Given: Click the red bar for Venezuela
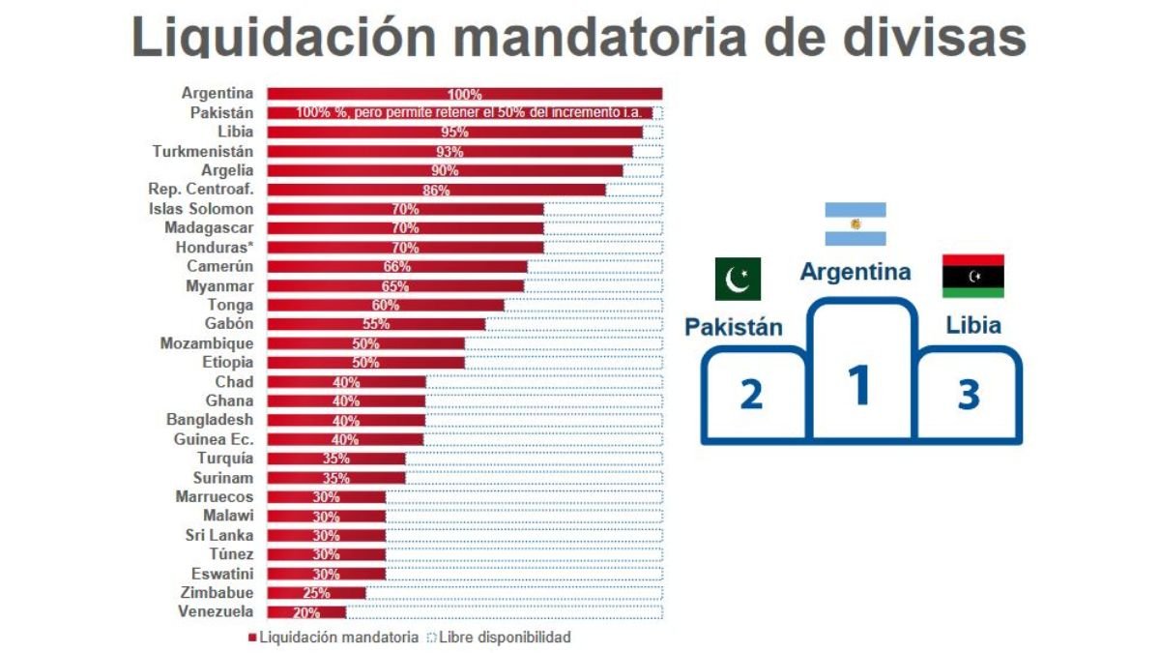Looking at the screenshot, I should [x=306, y=611].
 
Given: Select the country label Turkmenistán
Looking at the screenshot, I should [x=203, y=151].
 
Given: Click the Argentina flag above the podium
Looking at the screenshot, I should [x=855, y=224].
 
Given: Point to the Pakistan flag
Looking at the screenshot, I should [x=738, y=279].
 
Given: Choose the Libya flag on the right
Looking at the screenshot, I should [x=972, y=277].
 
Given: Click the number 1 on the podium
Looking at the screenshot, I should [x=859, y=384].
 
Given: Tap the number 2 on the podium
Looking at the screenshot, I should [x=752, y=395].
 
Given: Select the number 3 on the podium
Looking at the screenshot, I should [x=969, y=395].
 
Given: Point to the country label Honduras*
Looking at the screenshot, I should [x=216, y=247].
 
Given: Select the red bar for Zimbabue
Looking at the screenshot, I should [x=316, y=592].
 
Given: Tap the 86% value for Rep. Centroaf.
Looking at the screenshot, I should [x=436, y=191].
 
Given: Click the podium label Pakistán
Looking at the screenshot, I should [x=734, y=326].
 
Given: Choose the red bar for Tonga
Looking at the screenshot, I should [x=385, y=305].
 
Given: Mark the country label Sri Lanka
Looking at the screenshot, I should [x=219, y=535].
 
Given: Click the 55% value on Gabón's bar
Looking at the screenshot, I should [x=376, y=324].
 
